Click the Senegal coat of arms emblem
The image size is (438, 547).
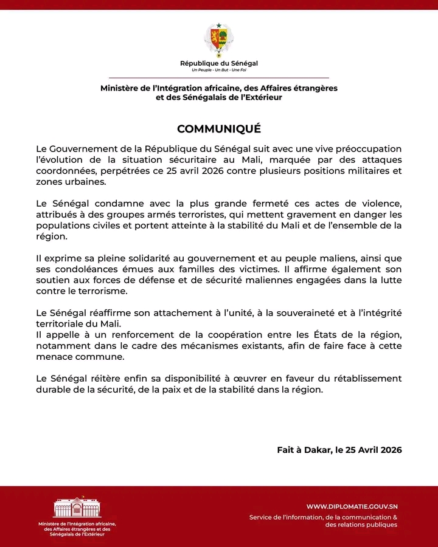pyautogui.click(x=218, y=39)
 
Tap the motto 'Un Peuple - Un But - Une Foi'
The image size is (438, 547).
pyautogui.click(x=219, y=71)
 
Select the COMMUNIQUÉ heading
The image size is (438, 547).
pyautogui.click(x=219, y=129)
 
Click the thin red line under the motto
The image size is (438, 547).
pyautogui.click(x=219, y=78)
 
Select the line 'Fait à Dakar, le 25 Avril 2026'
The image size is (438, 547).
pyautogui.click(x=339, y=450)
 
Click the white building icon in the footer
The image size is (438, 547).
pyautogui.click(x=77, y=508)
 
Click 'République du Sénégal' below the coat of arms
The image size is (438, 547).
pyautogui.click(x=219, y=63)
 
